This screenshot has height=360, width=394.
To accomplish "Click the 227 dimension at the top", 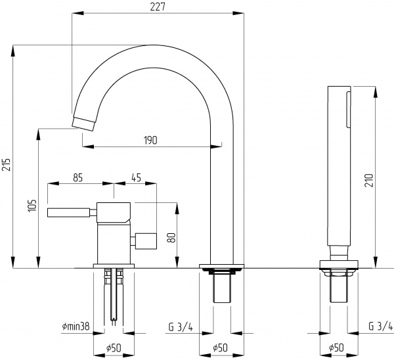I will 156,7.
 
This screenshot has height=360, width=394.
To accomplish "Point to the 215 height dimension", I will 7,165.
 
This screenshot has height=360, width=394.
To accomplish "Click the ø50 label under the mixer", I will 114,348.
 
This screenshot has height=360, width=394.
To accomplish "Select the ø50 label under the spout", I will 221,348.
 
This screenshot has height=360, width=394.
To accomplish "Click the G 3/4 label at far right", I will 380,326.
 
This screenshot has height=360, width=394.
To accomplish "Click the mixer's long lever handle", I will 69,213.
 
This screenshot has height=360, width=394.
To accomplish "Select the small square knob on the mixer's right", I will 146,240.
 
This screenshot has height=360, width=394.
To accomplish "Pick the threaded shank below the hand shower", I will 338,288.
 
